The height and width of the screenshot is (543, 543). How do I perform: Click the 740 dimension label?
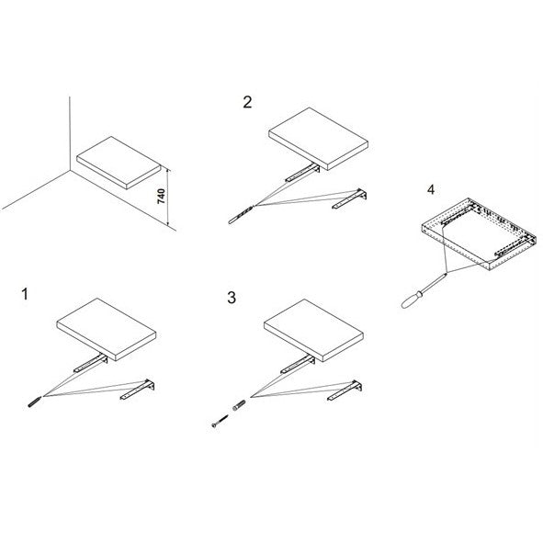coord(162,197)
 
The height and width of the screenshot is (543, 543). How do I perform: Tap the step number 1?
coord(25,294)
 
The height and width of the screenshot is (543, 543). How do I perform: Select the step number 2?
coord(247,102)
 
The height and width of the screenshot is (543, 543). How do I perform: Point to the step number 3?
coord(232,298)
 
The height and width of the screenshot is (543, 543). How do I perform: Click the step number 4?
coord(431,189)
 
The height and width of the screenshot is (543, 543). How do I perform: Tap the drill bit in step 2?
coord(241,215)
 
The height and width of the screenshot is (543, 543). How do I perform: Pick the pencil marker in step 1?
coord(35,402)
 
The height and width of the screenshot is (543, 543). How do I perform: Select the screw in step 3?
coord(220,421)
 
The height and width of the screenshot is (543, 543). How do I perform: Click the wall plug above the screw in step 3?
coord(239,405)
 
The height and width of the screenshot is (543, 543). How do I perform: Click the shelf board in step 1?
coord(107,329)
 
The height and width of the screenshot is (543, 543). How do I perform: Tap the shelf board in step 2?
coord(318,139)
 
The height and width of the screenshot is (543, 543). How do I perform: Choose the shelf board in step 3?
coord(313,331)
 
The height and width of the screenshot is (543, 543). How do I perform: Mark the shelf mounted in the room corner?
coord(119,163)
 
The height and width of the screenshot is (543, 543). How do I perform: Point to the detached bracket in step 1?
coord(138,390)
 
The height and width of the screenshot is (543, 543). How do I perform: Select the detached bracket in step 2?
coord(349,198)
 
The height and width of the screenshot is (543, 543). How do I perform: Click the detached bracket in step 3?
coord(345,390)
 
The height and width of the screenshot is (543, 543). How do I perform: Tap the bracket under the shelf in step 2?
coord(302,173)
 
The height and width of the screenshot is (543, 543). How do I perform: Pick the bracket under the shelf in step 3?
coord(298,365)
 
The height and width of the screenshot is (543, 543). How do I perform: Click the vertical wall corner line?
coord(70,133)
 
